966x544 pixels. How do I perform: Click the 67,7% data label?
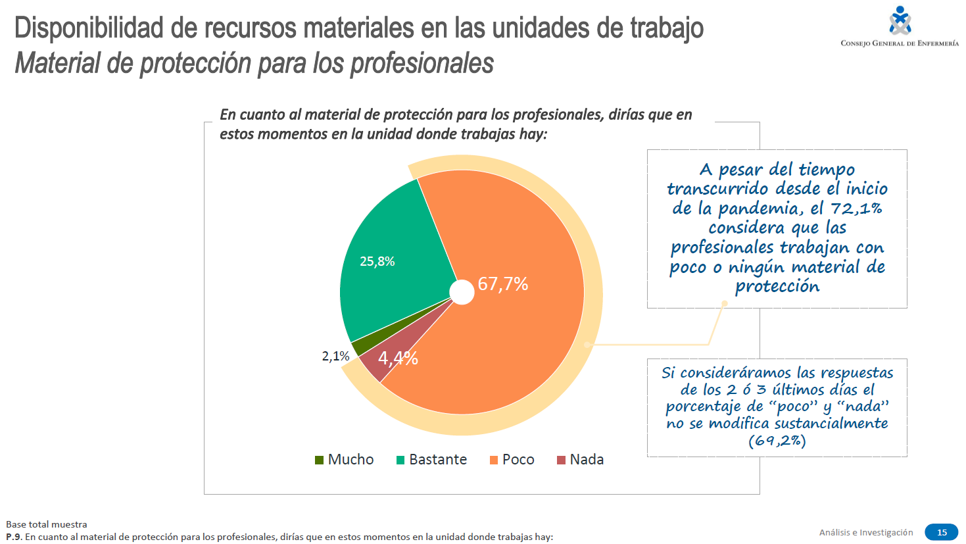[503, 284]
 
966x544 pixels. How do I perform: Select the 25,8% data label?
[377, 262]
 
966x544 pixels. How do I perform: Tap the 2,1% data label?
[335, 357]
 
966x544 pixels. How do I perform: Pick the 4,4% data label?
[398, 359]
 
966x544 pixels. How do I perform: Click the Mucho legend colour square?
[320, 460]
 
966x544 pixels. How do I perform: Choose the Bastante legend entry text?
[438, 460]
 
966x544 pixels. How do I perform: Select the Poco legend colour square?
[494, 460]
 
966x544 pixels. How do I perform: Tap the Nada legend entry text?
[587, 460]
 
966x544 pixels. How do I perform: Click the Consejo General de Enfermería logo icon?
[900, 20]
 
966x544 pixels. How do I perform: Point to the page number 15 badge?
[942, 532]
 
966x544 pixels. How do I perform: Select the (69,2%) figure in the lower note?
[777, 441]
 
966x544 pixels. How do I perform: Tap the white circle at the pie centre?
[462, 292]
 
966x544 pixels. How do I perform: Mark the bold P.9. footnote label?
[14, 537]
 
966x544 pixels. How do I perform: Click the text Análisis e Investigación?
[866, 532]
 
